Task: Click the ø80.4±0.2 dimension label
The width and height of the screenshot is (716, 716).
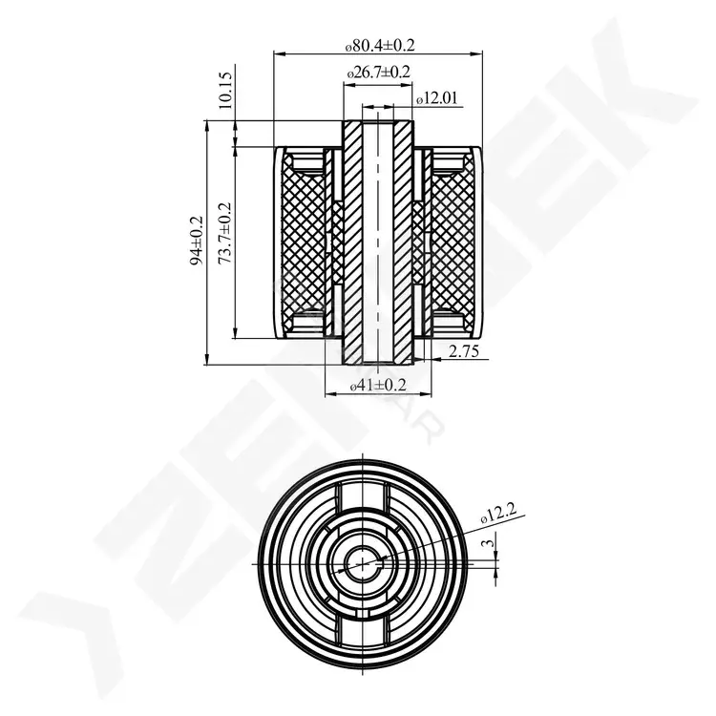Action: [380, 45]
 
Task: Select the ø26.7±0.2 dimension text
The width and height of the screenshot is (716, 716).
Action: [379, 72]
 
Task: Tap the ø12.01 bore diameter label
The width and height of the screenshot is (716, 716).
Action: [436, 97]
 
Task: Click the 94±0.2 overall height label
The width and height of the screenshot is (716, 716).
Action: [198, 242]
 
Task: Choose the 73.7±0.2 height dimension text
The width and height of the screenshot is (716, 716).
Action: [224, 233]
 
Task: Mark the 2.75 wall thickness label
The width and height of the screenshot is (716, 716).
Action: [463, 351]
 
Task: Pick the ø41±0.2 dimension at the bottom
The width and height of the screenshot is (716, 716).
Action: [378, 385]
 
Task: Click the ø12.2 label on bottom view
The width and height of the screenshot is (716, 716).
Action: [498, 514]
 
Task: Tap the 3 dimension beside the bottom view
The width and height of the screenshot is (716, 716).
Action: [489, 543]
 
